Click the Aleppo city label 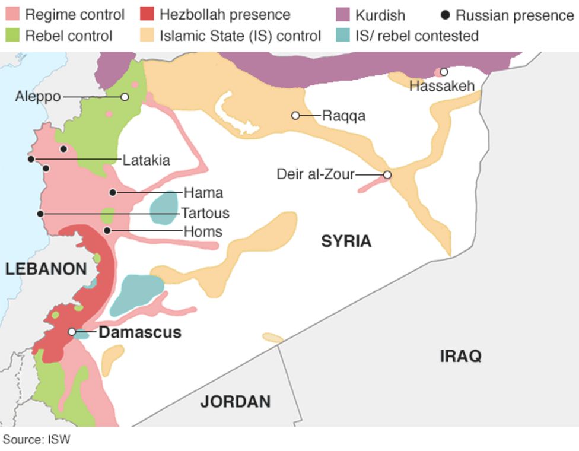38,96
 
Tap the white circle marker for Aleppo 125,97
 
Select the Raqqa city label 343,116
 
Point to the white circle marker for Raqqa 295,115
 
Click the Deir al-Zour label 315,174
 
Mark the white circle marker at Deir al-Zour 387,174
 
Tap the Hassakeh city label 442,86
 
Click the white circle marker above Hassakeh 444,72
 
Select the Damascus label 140,332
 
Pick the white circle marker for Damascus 72,332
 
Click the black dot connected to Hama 113,192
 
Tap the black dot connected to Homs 107,230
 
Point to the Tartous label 205,212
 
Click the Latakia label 146,160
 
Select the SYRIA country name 346,241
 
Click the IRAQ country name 460,356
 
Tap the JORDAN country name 235,402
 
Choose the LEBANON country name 46,269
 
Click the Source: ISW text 36,440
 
